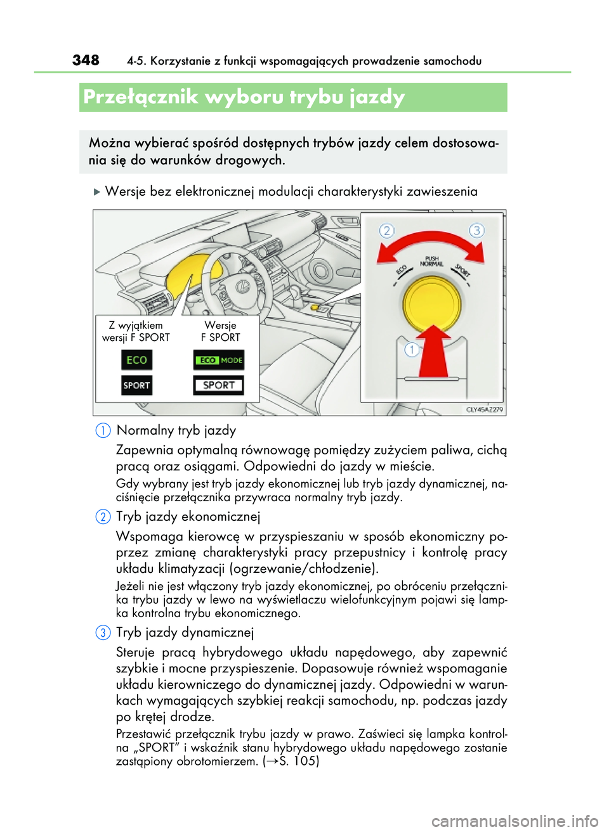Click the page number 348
coord(86,60)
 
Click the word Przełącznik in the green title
coord(140,97)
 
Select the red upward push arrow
coord(434,352)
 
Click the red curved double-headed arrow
coord(430,245)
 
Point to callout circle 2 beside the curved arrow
coord(387,231)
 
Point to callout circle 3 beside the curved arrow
coord(476,230)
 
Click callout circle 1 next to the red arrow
coord(412,349)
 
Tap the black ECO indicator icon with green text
coord(136,360)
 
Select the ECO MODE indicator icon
coord(218,360)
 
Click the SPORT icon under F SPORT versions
coord(218,385)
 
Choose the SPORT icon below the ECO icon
coord(136,385)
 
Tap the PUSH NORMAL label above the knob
coord(432,261)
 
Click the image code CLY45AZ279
coord(484,409)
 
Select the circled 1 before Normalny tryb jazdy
coord(103,430)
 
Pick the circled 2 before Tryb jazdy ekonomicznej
coord(103,516)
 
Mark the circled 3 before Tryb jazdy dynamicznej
coord(103,632)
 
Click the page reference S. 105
coord(298,761)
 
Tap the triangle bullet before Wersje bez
coord(97,192)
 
